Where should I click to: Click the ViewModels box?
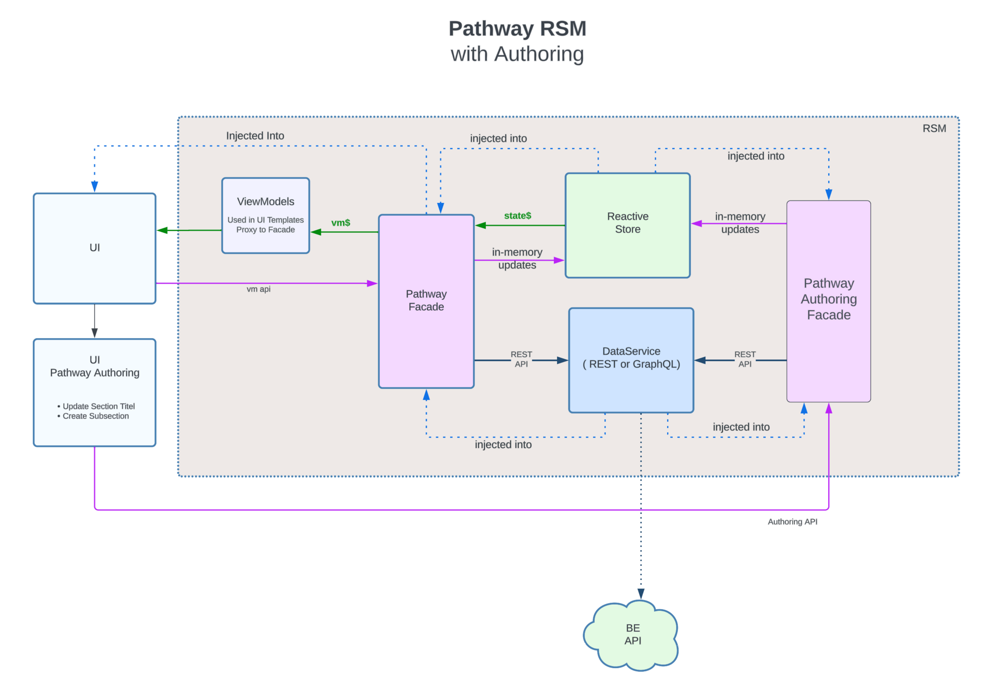click(265, 215)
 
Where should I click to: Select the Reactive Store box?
click(627, 225)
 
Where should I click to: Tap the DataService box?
click(631, 360)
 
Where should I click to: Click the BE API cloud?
click(632, 635)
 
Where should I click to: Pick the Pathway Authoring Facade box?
click(828, 300)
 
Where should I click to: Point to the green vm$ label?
click(341, 223)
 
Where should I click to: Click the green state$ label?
click(517, 215)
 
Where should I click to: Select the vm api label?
click(258, 289)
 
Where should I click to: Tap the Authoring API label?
click(792, 521)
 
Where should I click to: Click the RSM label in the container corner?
click(934, 129)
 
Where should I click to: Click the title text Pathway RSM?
click(517, 28)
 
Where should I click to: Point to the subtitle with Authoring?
click(517, 54)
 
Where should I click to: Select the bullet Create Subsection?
click(96, 416)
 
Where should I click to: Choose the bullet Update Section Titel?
click(98, 406)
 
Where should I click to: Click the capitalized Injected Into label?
click(255, 136)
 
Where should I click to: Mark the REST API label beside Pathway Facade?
click(521, 359)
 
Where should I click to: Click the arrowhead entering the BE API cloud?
click(641, 594)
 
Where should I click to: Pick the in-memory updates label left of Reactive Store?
click(517, 258)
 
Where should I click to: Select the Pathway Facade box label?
click(426, 300)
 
